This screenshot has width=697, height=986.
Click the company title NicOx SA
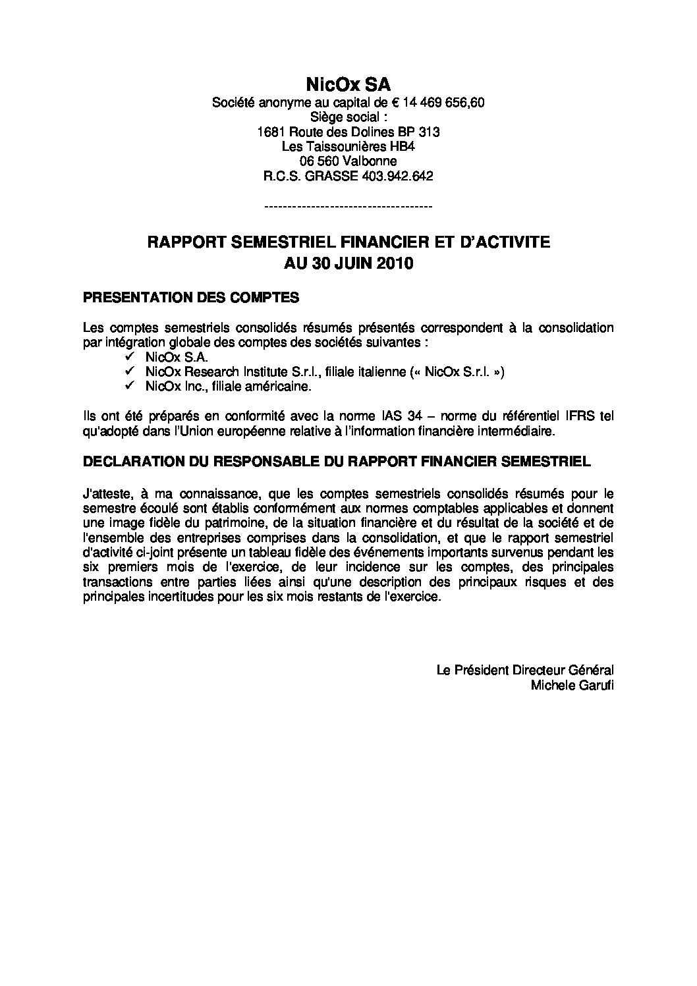(348, 84)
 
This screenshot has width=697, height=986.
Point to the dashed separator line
(348, 207)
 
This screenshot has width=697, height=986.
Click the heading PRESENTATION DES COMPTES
(191, 298)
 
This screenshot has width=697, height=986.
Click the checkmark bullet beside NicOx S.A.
(128, 356)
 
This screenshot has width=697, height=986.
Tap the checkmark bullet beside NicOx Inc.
(128, 387)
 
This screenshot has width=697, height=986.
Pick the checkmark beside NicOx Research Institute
(128, 371)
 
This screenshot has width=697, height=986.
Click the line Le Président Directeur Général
(525, 670)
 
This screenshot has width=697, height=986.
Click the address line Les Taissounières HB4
(348, 146)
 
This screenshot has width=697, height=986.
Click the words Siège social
(348, 117)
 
